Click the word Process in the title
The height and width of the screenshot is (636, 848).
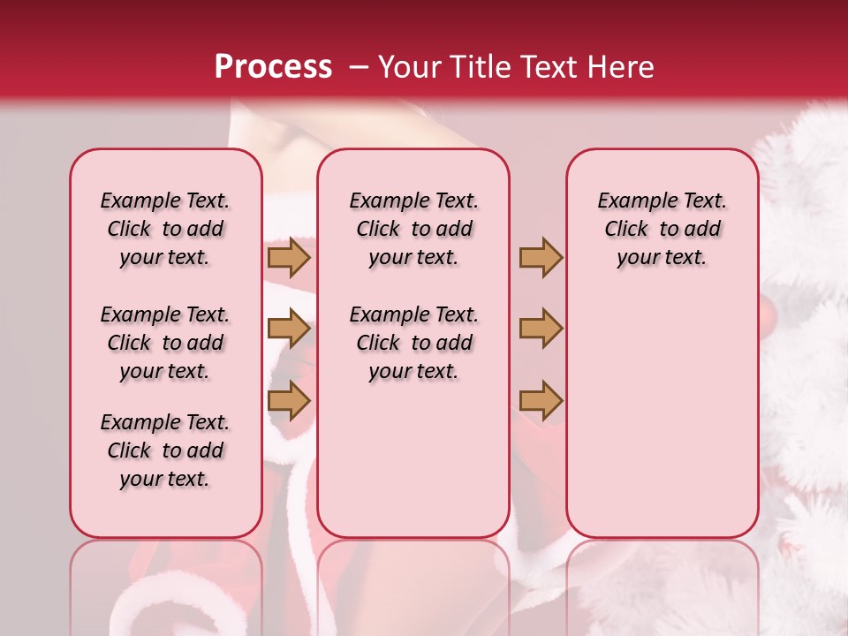[273, 67]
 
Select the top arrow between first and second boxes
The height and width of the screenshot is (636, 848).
[288, 258]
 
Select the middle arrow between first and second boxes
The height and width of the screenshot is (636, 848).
[288, 329]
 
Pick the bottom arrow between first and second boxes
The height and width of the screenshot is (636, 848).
[288, 401]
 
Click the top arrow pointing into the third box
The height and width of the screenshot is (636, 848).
[541, 258]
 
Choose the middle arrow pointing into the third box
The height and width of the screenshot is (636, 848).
[541, 329]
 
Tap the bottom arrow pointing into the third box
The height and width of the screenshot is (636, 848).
[541, 401]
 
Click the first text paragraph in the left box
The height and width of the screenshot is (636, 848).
[165, 229]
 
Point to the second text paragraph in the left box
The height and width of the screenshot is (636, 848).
[165, 343]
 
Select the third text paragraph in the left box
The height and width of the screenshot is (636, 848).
[165, 450]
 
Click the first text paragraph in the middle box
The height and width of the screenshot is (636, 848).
[413, 229]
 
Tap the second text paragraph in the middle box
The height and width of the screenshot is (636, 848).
[413, 343]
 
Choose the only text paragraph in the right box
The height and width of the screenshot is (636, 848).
[662, 229]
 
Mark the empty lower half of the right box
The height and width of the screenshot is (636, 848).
[662, 424]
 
